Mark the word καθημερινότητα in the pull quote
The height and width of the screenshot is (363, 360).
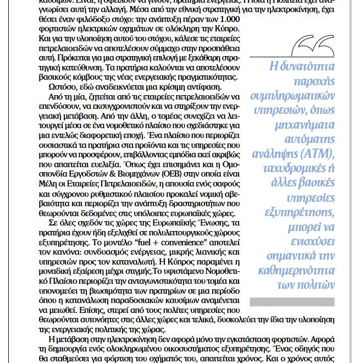(300, 271)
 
